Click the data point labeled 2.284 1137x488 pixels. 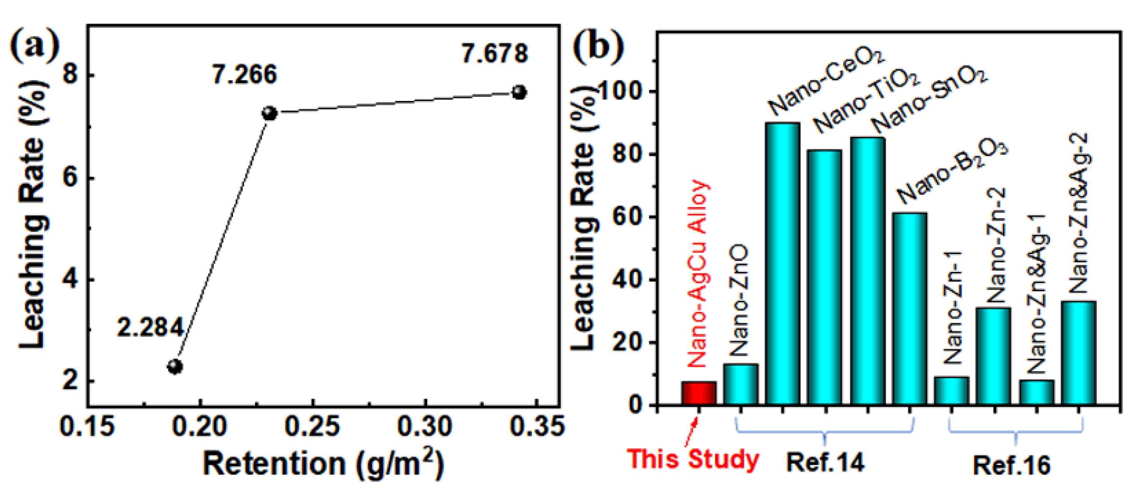point(175,366)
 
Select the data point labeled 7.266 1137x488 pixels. point(269,113)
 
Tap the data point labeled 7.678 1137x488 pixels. point(519,92)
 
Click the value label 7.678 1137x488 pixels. point(494,54)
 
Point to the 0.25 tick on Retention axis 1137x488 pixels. point(313,427)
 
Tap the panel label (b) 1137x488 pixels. point(598,47)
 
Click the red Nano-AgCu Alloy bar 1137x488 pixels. point(699,393)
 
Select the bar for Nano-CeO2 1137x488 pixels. point(783,264)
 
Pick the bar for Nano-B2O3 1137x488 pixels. point(910,309)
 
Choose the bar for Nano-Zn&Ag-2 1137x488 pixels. point(1078,353)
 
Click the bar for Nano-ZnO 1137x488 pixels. point(740,384)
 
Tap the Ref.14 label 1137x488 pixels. point(825,463)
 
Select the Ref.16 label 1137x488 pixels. point(1011,465)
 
